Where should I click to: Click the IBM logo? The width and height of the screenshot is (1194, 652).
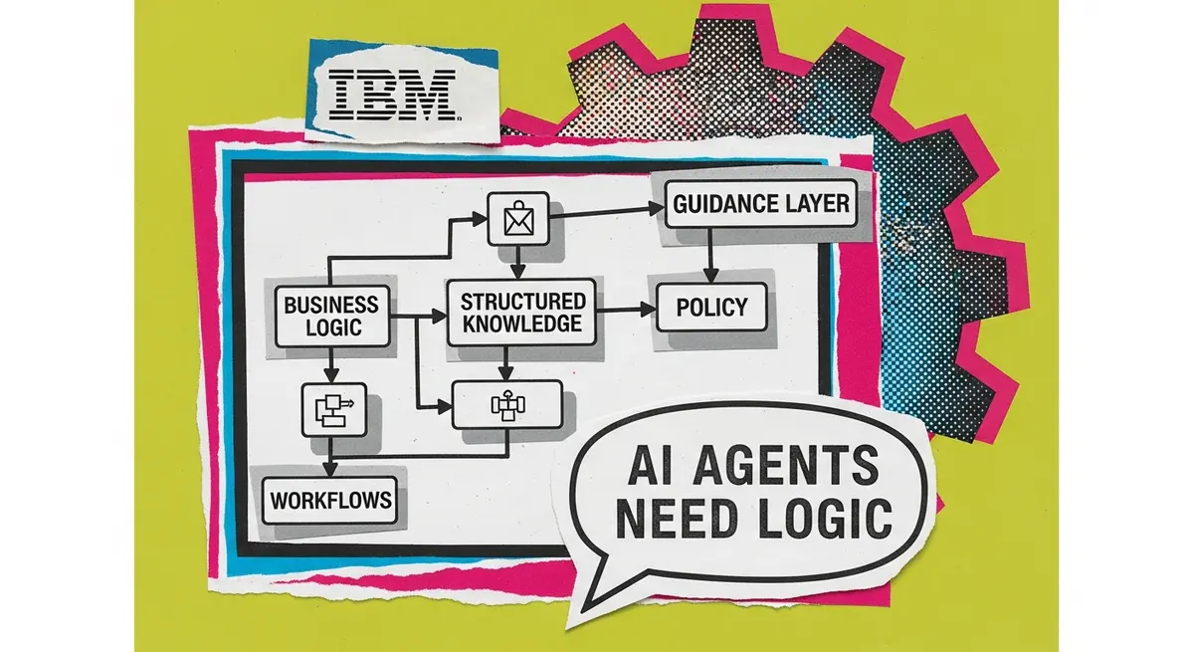[392, 95]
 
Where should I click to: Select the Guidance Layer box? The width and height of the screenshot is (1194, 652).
[761, 204]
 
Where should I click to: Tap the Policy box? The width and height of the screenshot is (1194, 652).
[711, 307]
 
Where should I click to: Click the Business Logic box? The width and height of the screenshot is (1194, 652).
[332, 317]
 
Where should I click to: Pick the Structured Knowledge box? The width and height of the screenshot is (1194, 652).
[521, 313]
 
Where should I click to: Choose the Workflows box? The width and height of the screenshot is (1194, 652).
[330, 500]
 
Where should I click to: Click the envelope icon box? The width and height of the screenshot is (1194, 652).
[518, 219]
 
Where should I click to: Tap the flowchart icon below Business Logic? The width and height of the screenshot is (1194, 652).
[334, 409]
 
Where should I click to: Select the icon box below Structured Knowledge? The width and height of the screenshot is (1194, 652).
[507, 404]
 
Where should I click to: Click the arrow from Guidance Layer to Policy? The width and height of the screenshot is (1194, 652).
[710, 256]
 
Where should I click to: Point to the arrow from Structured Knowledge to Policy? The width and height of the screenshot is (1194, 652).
[626, 310]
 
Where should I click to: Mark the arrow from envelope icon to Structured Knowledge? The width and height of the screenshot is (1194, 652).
[517, 262]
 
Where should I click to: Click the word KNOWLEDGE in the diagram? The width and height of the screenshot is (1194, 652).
[521, 324]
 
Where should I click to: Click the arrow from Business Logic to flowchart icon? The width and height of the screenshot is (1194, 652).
[331, 365]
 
